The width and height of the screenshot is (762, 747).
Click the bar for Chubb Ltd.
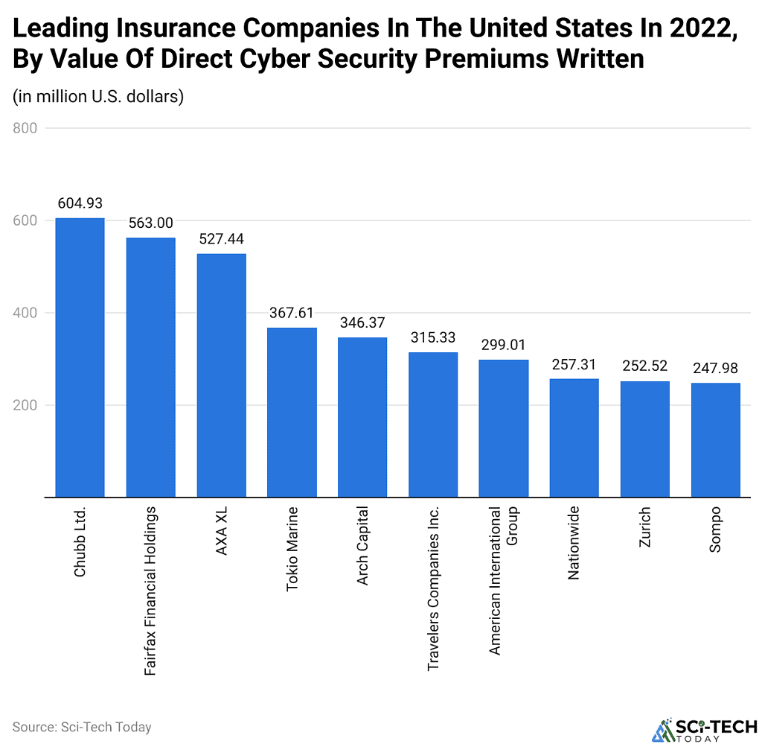80,357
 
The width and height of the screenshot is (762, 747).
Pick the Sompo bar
715,439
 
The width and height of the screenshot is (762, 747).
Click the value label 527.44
221,239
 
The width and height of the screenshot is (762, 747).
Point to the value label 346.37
362,323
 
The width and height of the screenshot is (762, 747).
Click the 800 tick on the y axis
25,128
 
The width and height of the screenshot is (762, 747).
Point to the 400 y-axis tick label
25,313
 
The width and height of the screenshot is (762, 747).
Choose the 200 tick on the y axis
25,405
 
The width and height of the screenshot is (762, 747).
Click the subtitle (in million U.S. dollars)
98,98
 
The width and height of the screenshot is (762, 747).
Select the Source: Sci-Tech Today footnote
82,726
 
